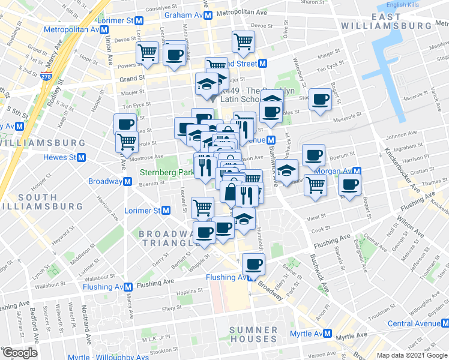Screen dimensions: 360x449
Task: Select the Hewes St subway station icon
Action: tap(81, 157)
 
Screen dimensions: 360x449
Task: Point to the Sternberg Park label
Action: tap(167, 172)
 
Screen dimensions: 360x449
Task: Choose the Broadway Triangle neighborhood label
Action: tap(169, 238)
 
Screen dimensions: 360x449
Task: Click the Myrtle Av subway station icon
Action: tap(327, 334)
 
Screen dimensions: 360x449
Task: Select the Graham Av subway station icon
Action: tap(207, 14)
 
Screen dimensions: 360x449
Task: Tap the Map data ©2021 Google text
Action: tap(412, 354)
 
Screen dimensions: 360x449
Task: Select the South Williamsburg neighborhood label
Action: tap(29, 202)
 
